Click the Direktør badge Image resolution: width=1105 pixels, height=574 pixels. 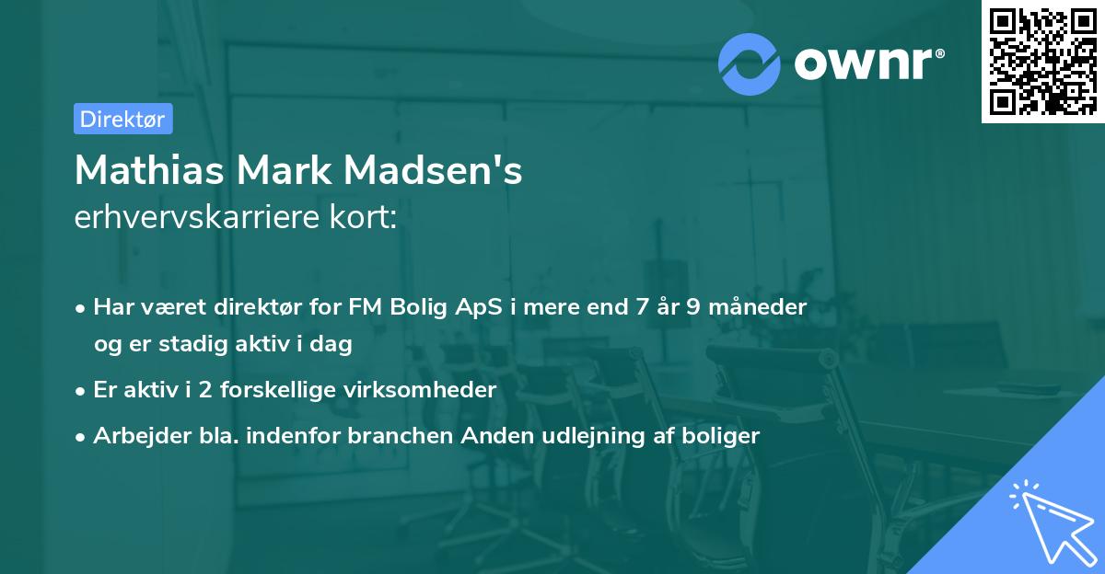coord(122,119)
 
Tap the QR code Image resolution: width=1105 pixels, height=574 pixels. coord(1041,62)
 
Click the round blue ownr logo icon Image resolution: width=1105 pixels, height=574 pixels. coord(749,64)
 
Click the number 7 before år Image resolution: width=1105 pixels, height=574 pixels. coord(641,306)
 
